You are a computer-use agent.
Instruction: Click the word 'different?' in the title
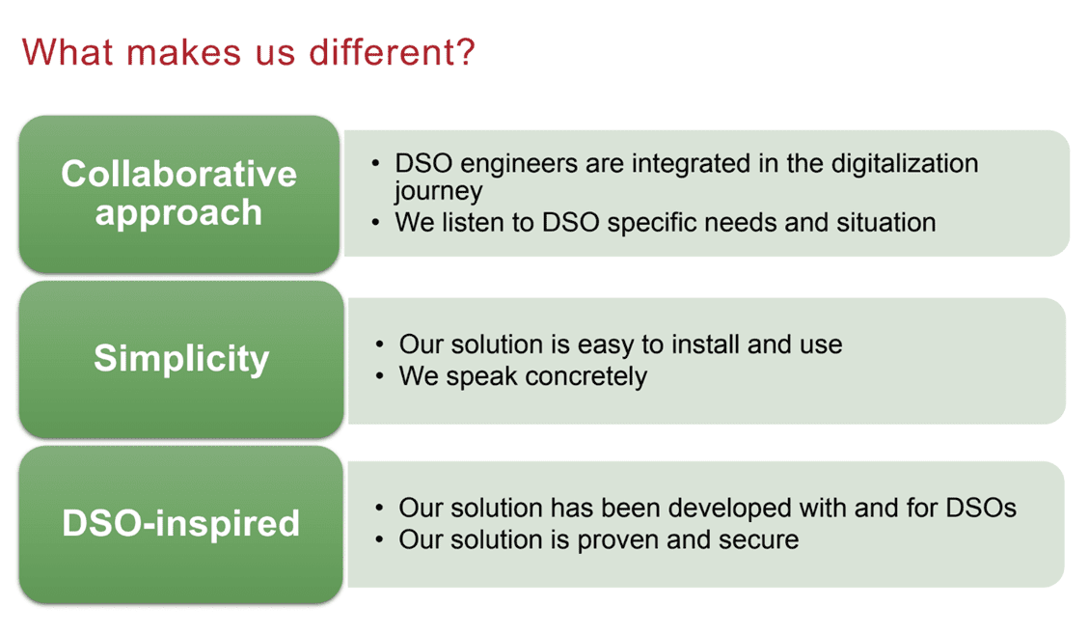click(392, 51)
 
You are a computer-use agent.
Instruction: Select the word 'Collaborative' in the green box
click(178, 173)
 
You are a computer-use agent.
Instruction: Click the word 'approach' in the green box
click(178, 212)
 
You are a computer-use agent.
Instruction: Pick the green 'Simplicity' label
click(181, 359)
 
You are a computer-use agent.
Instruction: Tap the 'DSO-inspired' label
click(180, 523)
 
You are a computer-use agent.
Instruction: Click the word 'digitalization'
click(904, 164)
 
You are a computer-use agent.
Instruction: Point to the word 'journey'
click(438, 191)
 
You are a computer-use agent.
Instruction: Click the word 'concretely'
click(586, 376)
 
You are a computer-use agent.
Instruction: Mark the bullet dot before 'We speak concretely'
click(379, 376)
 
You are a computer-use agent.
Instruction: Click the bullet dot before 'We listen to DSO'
click(376, 223)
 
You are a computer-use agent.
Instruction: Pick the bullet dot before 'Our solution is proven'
click(379, 540)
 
